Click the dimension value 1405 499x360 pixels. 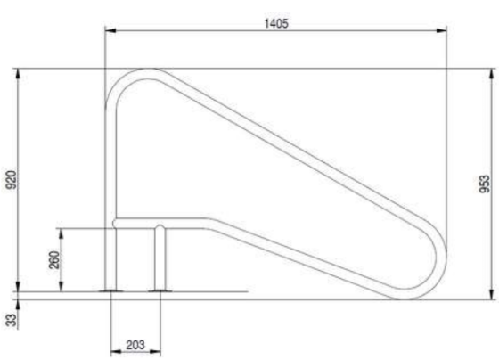(276, 23)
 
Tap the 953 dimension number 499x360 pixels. (485, 184)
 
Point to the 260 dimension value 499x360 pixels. (53, 260)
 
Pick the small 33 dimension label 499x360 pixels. (12, 319)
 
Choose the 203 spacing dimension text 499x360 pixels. (135, 344)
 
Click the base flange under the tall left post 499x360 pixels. (110, 289)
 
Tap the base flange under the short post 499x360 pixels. (160, 289)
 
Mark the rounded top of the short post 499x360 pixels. (160, 225)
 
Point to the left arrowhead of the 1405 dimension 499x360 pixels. (109, 32)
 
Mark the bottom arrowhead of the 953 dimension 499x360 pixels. (493, 297)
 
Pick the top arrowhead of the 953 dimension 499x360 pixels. (493, 71)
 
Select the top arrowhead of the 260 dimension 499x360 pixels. (61, 232)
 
